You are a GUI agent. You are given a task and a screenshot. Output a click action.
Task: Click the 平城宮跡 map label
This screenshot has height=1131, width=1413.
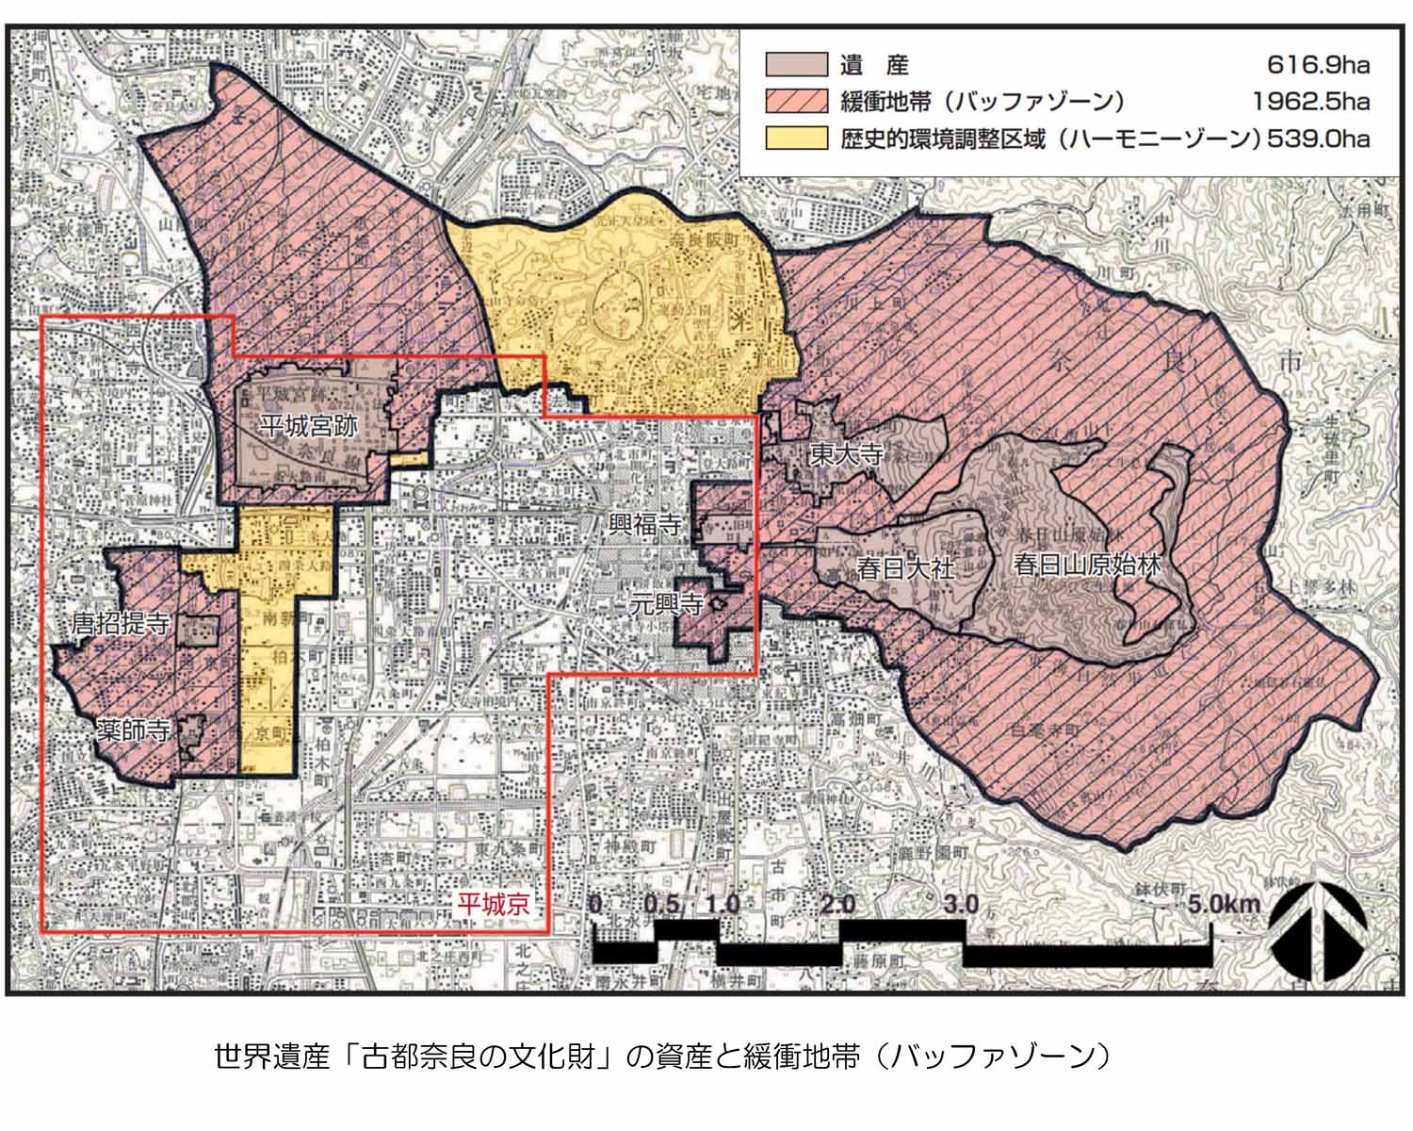pyautogui.click(x=309, y=426)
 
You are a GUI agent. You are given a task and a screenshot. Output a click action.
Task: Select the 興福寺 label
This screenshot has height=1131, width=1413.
pyautogui.click(x=644, y=525)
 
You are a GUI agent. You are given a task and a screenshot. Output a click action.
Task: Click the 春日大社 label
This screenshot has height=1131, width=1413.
pyautogui.click(x=906, y=567)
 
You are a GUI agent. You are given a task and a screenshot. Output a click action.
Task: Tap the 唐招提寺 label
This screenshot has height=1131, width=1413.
pyautogui.click(x=121, y=623)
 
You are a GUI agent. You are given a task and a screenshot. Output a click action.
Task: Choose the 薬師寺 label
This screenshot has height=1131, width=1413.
pyautogui.click(x=134, y=730)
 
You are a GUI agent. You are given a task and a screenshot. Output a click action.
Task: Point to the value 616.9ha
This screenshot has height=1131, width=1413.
pyautogui.click(x=1318, y=65)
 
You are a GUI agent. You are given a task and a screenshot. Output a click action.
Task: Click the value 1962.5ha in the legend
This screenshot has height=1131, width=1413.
pyautogui.click(x=1310, y=102)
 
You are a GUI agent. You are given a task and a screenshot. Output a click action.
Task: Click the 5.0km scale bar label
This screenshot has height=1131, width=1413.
pyautogui.click(x=1224, y=905)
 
